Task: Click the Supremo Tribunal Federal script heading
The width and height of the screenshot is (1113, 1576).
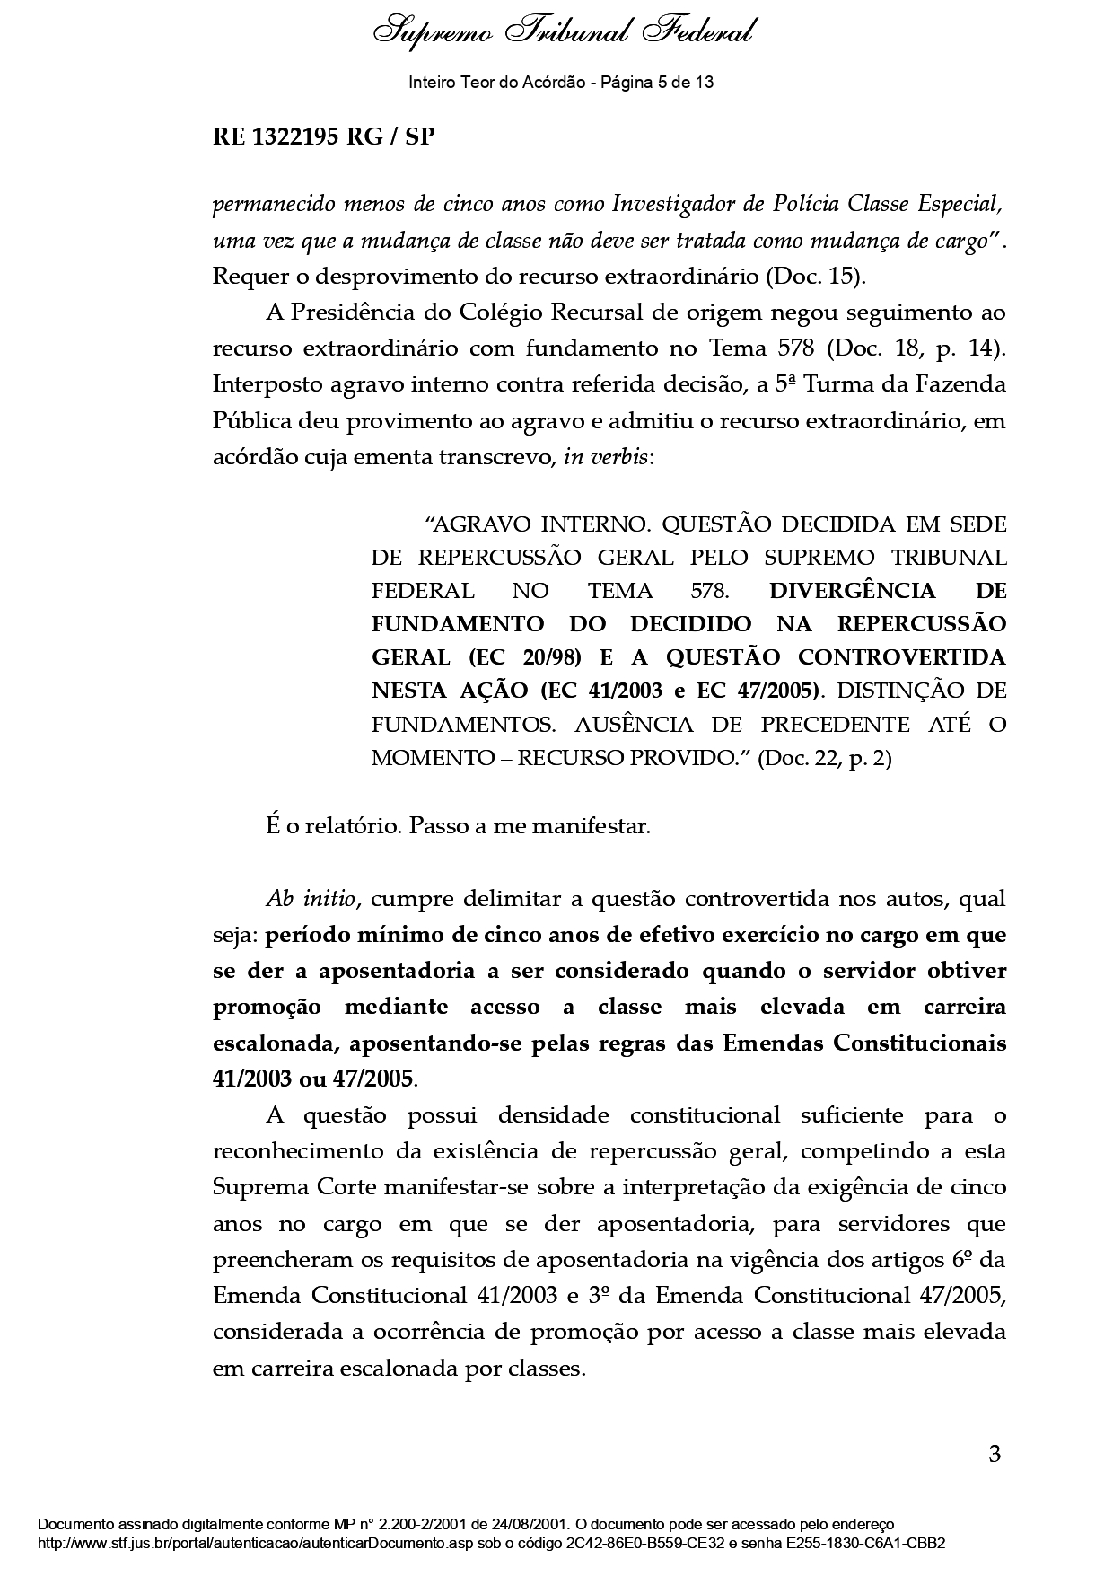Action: click(564, 31)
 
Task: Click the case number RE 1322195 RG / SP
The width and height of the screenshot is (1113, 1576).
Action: click(323, 137)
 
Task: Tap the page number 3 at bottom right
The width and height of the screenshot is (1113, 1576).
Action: click(994, 1453)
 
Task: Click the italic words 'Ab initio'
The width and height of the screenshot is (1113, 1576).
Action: click(312, 899)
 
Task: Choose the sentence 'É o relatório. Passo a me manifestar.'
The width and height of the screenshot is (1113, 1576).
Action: click(458, 825)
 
